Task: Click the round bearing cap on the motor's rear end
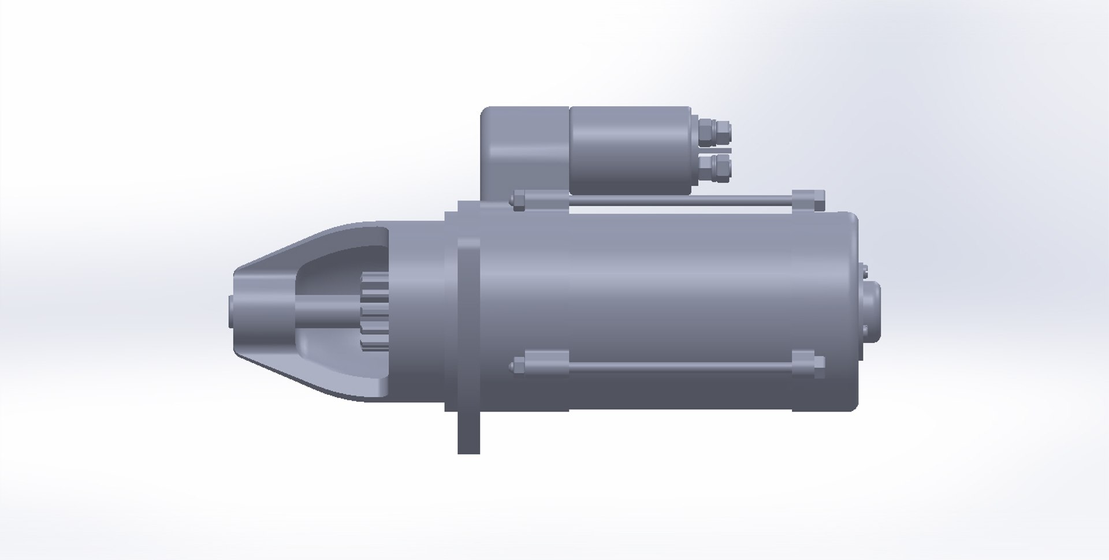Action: click(873, 312)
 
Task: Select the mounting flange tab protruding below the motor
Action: click(468, 433)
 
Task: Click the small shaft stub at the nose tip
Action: click(230, 312)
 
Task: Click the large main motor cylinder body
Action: click(664, 289)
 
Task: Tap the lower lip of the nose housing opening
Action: click(347, 381)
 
